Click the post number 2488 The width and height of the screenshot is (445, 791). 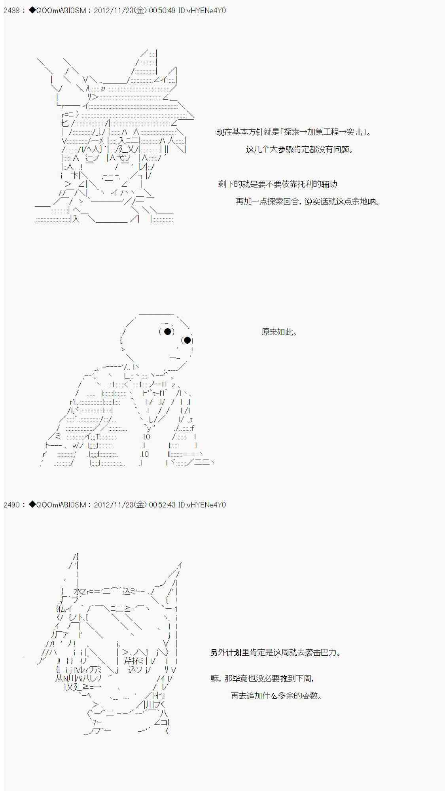[x=11, y=11]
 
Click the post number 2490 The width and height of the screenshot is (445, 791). [x=11, y=505]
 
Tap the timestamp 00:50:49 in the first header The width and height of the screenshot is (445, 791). [x=162, y=11]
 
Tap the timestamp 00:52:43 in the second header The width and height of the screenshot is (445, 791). [x=162, y=505]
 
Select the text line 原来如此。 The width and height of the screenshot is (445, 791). [x=279, y=332]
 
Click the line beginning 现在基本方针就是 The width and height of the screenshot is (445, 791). [x=294, y=132]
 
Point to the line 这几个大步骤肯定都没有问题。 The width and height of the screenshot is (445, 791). [x=299, y=149]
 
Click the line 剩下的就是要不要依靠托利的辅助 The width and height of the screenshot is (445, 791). [x=278, y=184]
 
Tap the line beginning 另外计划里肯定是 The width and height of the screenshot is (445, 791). [x=276, y=653]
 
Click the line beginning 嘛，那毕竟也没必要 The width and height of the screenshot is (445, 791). [x=263, y=679]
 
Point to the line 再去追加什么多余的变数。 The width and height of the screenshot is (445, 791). [x=276, y=696]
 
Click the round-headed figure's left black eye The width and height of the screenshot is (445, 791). [x=168, y=331]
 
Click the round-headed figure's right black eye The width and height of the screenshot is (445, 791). [x=187, y=340]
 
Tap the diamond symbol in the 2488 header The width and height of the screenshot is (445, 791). [x=32, y=10]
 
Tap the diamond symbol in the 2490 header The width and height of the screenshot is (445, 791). [x=32, y=505]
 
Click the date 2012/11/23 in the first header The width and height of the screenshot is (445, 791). [x=114, y=11]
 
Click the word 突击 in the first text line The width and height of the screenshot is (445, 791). [x=355, y=132]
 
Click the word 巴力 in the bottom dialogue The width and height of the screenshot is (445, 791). [x=328, y=653]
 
